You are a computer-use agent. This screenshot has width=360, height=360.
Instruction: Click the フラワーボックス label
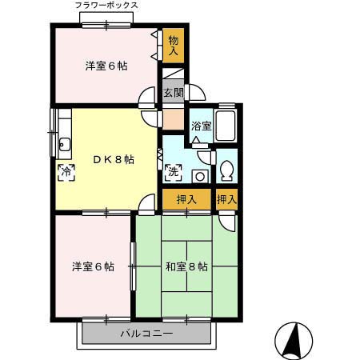[106, 6]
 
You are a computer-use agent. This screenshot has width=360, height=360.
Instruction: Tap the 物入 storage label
[174, 44]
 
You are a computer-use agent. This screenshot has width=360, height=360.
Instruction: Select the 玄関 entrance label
[174, 93]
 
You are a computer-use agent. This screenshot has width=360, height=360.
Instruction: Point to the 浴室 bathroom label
[201, 126]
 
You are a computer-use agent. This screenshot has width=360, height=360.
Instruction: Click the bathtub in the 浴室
[226, 126]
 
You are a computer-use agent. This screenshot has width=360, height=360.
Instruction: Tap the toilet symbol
[226, 170]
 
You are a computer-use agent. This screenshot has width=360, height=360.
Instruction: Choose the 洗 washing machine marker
[173, 172]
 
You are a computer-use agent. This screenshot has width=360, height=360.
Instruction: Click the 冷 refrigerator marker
[66, 170]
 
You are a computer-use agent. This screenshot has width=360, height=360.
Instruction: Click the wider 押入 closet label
[186, 199]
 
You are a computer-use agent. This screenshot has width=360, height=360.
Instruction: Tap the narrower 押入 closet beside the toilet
[226, 199]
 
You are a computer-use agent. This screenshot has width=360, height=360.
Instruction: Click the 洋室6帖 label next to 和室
[92, 266]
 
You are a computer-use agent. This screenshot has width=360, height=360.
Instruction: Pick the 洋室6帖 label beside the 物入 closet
[106, 67]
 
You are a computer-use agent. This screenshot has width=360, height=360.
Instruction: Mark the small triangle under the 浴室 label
[196, 139]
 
